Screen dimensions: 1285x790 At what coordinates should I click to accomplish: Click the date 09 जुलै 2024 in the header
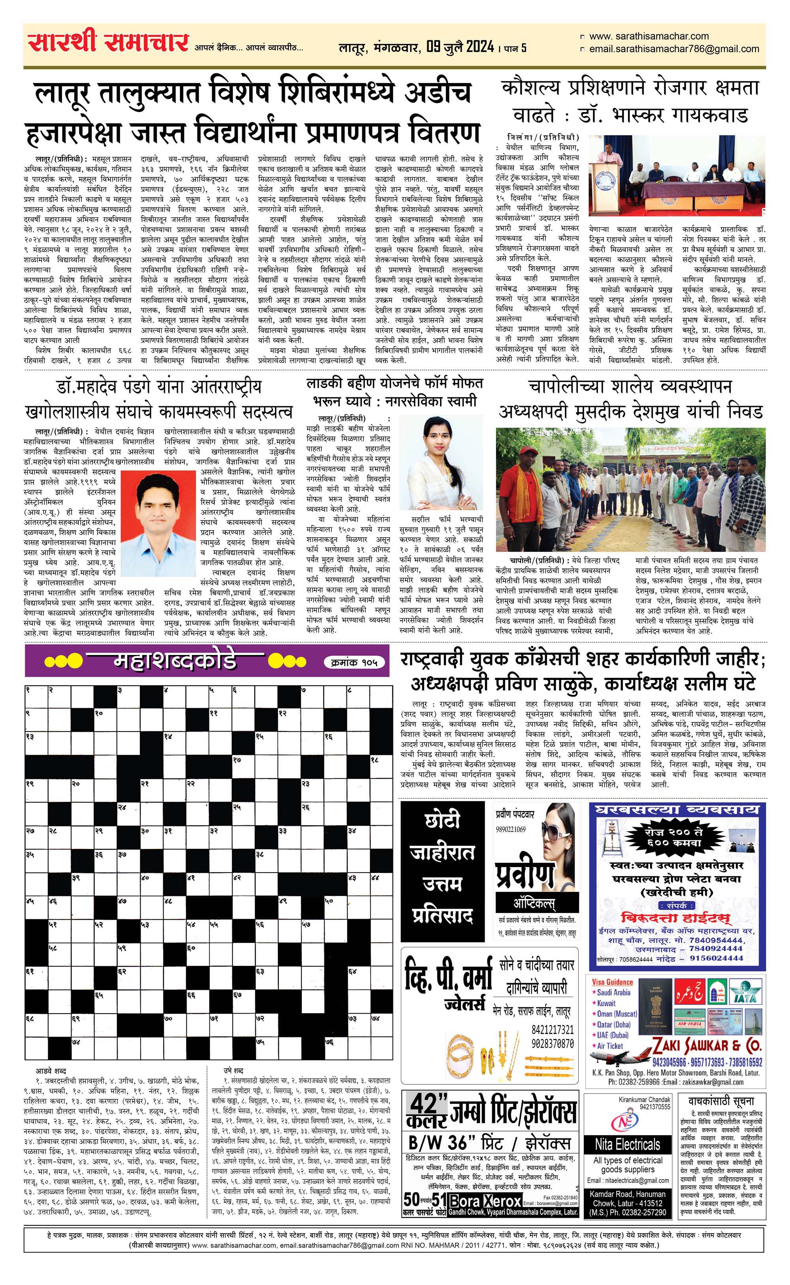pos(460,47)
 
